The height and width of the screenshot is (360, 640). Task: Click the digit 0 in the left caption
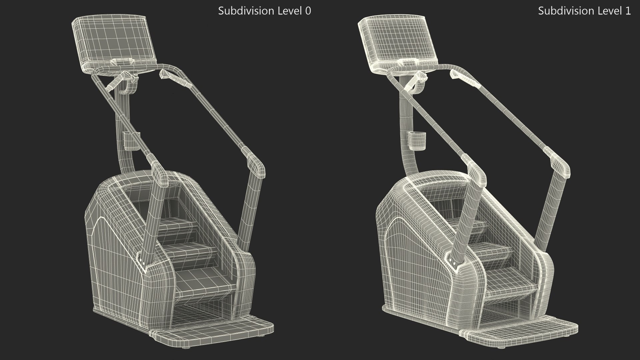[308, 11]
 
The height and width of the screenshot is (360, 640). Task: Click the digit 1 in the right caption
[628, 11]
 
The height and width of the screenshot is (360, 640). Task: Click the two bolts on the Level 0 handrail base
[142, 263]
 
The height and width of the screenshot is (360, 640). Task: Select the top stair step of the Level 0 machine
[177, 227]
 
